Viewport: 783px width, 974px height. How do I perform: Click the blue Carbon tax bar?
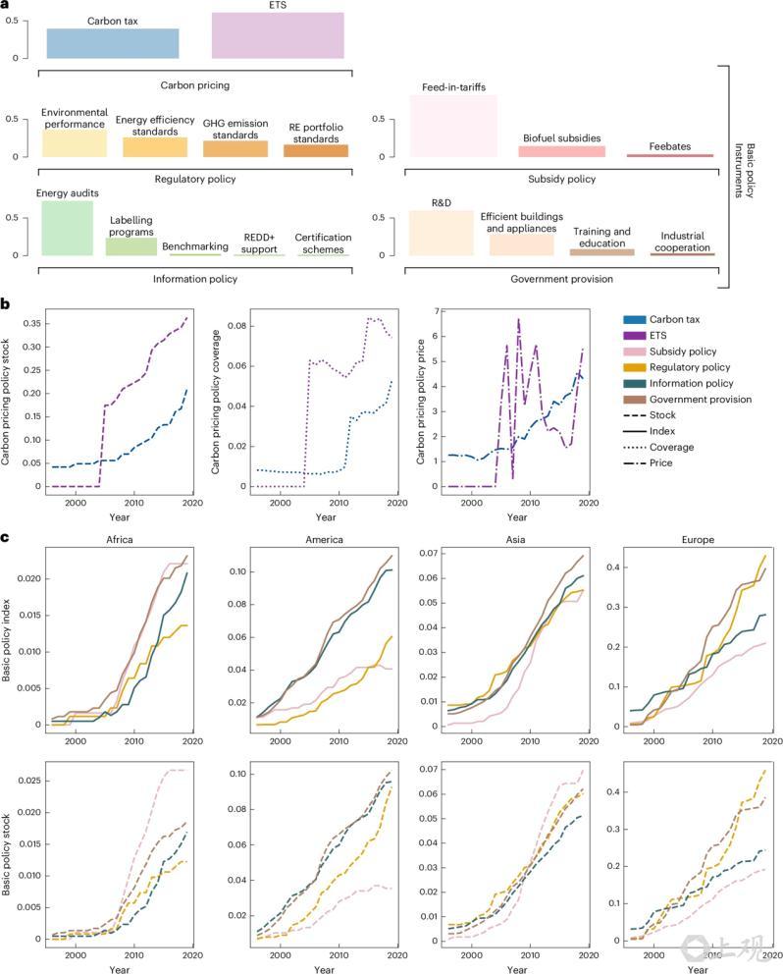(113, 43)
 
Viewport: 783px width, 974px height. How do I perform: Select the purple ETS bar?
(278, 35)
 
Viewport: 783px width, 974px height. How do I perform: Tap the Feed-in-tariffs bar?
(453, 126)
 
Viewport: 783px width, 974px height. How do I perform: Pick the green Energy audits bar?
(67, 228)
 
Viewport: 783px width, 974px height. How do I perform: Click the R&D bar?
(441, 233)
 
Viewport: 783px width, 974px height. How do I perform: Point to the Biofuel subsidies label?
(561, 138)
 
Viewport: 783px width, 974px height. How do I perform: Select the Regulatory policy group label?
(194, 179)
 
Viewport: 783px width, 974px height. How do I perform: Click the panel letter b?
(7, 305)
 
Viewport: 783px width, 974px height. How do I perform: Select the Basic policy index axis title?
(9, 637)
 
